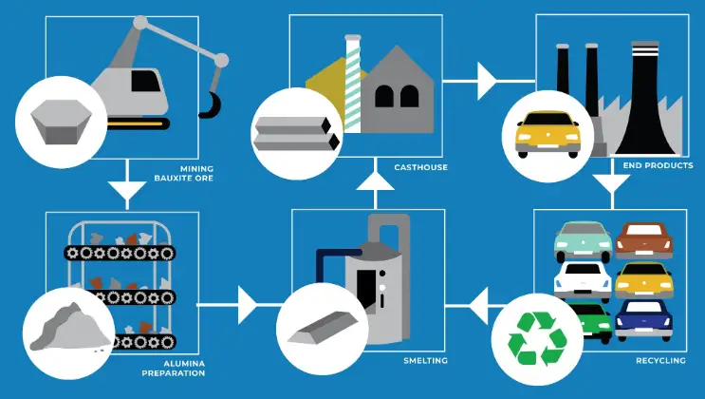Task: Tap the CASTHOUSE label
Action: pyautogui.click(x=420, y=169)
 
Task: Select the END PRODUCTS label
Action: pyautogui.click(x=654, y=165)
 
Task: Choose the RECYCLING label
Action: pyautogui.click(x=658, y=361)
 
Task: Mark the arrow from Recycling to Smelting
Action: pyautogui.click(x=474, y=305)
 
